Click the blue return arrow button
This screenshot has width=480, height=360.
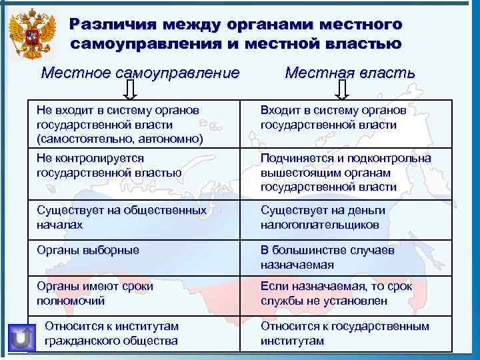(x=23, y=337)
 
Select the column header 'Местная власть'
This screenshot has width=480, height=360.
(x=349, y=72)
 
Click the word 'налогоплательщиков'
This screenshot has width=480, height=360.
(x=320, y=225)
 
